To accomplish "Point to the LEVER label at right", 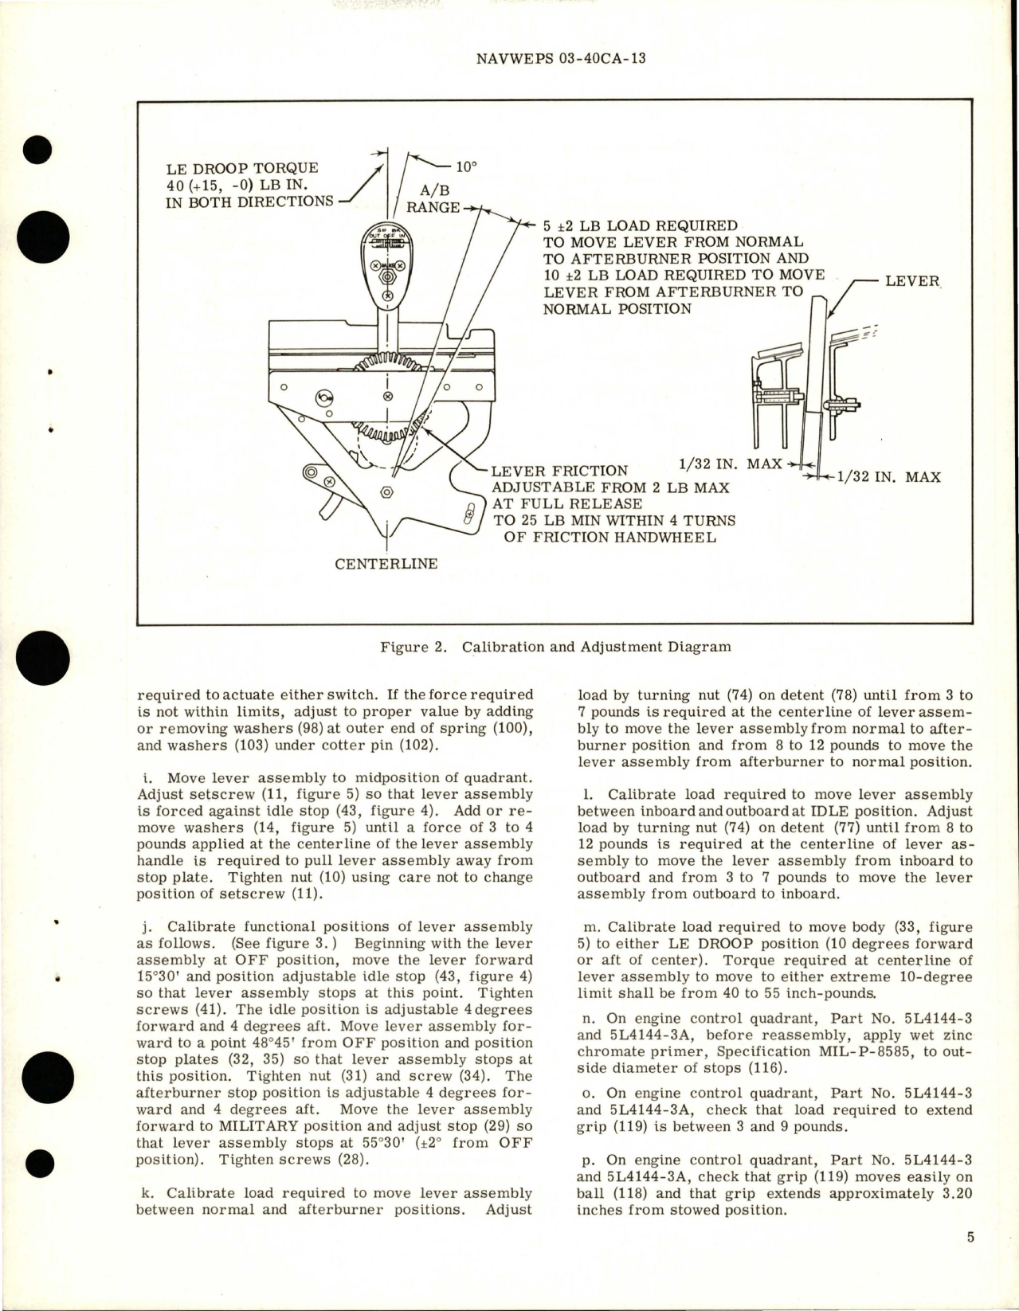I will pos(912,281).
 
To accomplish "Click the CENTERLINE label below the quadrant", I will pos(386,563).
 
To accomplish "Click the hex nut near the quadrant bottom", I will pos(386,492).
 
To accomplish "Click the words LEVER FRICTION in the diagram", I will pos(559,471).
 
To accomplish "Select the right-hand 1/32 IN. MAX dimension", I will pos(885,477).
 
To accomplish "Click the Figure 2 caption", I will pos(555,646).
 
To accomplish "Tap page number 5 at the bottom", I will pos(970,1237).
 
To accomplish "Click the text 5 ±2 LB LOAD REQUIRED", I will pos(640,225).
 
